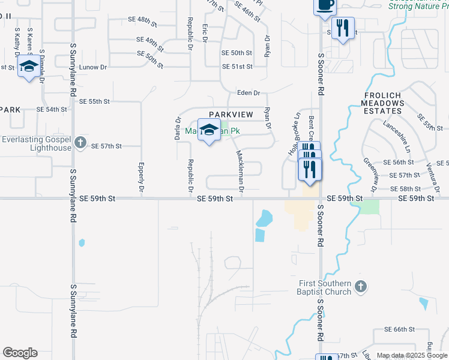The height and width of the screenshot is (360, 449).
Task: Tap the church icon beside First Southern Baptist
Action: click(360, 287)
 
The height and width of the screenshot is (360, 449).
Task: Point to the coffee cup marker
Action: click(325, 5)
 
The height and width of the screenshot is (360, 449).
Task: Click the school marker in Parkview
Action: click(209, 130)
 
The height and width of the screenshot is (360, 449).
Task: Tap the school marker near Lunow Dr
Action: click(28, 67)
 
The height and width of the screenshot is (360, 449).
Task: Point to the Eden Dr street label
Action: click(249, 93)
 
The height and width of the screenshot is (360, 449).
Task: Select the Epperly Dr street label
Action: click(141, 177)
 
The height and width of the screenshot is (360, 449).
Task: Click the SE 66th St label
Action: click(400, 329)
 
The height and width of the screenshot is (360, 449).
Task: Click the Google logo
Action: click(20, 353)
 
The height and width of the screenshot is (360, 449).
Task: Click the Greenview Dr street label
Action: click(367, 175)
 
